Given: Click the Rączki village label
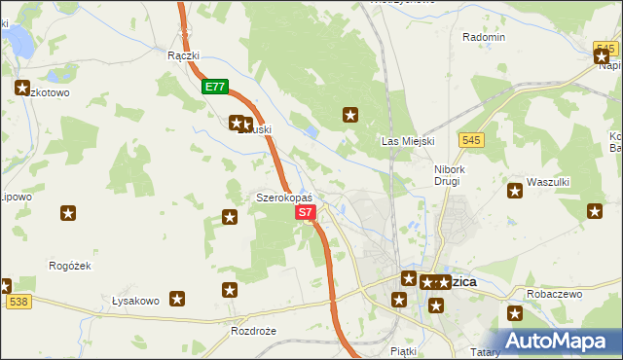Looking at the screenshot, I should click(183, 55).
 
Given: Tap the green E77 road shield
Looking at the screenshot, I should click(215, 88).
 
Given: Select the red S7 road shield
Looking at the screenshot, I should click(305, 211).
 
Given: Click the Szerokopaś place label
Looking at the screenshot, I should click(283, 198).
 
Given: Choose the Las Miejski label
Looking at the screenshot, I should click(406, 141).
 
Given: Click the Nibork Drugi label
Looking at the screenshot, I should click(453, 174).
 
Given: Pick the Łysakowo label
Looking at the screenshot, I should click(135, 301).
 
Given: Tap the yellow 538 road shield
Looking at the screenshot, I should click(17, 303).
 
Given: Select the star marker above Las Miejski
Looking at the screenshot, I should click(350, 116).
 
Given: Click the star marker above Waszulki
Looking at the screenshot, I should click(514, 191).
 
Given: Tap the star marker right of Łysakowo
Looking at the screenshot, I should click(177, 299).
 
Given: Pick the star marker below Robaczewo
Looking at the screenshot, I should click(515, 313).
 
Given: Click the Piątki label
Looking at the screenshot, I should click(402, 350).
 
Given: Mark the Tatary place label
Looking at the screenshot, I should click(484, 351).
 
